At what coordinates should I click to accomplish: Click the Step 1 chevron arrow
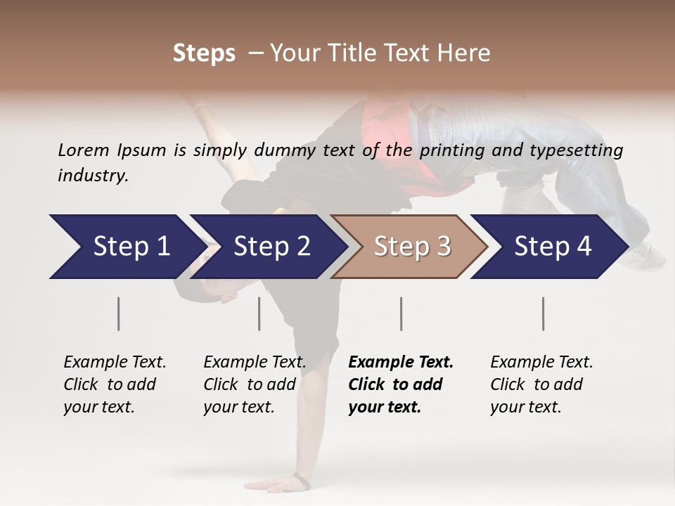coord(127,247)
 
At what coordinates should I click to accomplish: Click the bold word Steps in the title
coord(204,53)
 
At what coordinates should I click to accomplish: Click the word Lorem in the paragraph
coord(83,150)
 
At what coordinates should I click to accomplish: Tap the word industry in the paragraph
coord(93,176)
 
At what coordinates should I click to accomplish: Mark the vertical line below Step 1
coord(119,313)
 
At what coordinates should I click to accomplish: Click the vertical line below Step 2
coord(259,313)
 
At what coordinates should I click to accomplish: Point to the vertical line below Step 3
coord(401,313)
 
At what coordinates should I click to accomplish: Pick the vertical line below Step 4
coord(544,313)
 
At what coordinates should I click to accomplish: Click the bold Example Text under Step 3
coord(401,363)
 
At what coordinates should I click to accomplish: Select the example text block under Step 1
coord(114,384)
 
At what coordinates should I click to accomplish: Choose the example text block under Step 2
coord(254,384)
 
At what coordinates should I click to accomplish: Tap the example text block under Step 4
coord(541,384)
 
